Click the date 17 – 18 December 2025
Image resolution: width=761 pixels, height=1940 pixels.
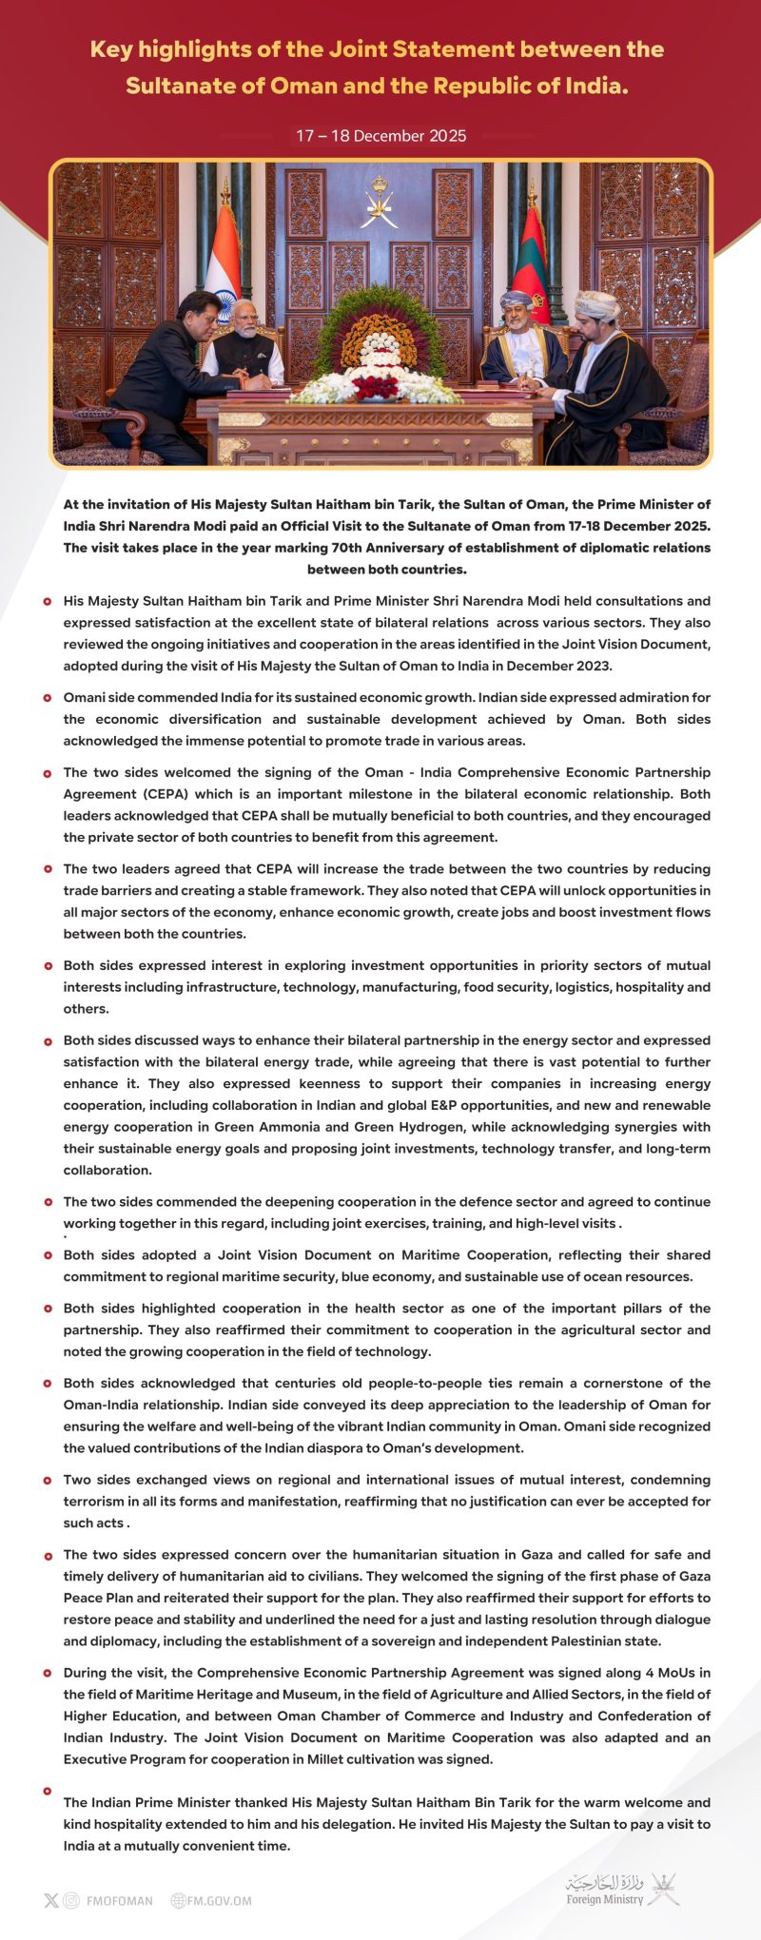click(380, 136)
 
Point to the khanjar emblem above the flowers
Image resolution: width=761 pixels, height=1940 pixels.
click(380, 201)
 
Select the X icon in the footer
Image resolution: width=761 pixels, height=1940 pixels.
click(51, 1900)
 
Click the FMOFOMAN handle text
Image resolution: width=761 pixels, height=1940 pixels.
click(119, 1900)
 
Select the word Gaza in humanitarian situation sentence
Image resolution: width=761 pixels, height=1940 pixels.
click(537, 1554)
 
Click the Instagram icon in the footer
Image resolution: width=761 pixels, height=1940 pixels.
click(71, 1900)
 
